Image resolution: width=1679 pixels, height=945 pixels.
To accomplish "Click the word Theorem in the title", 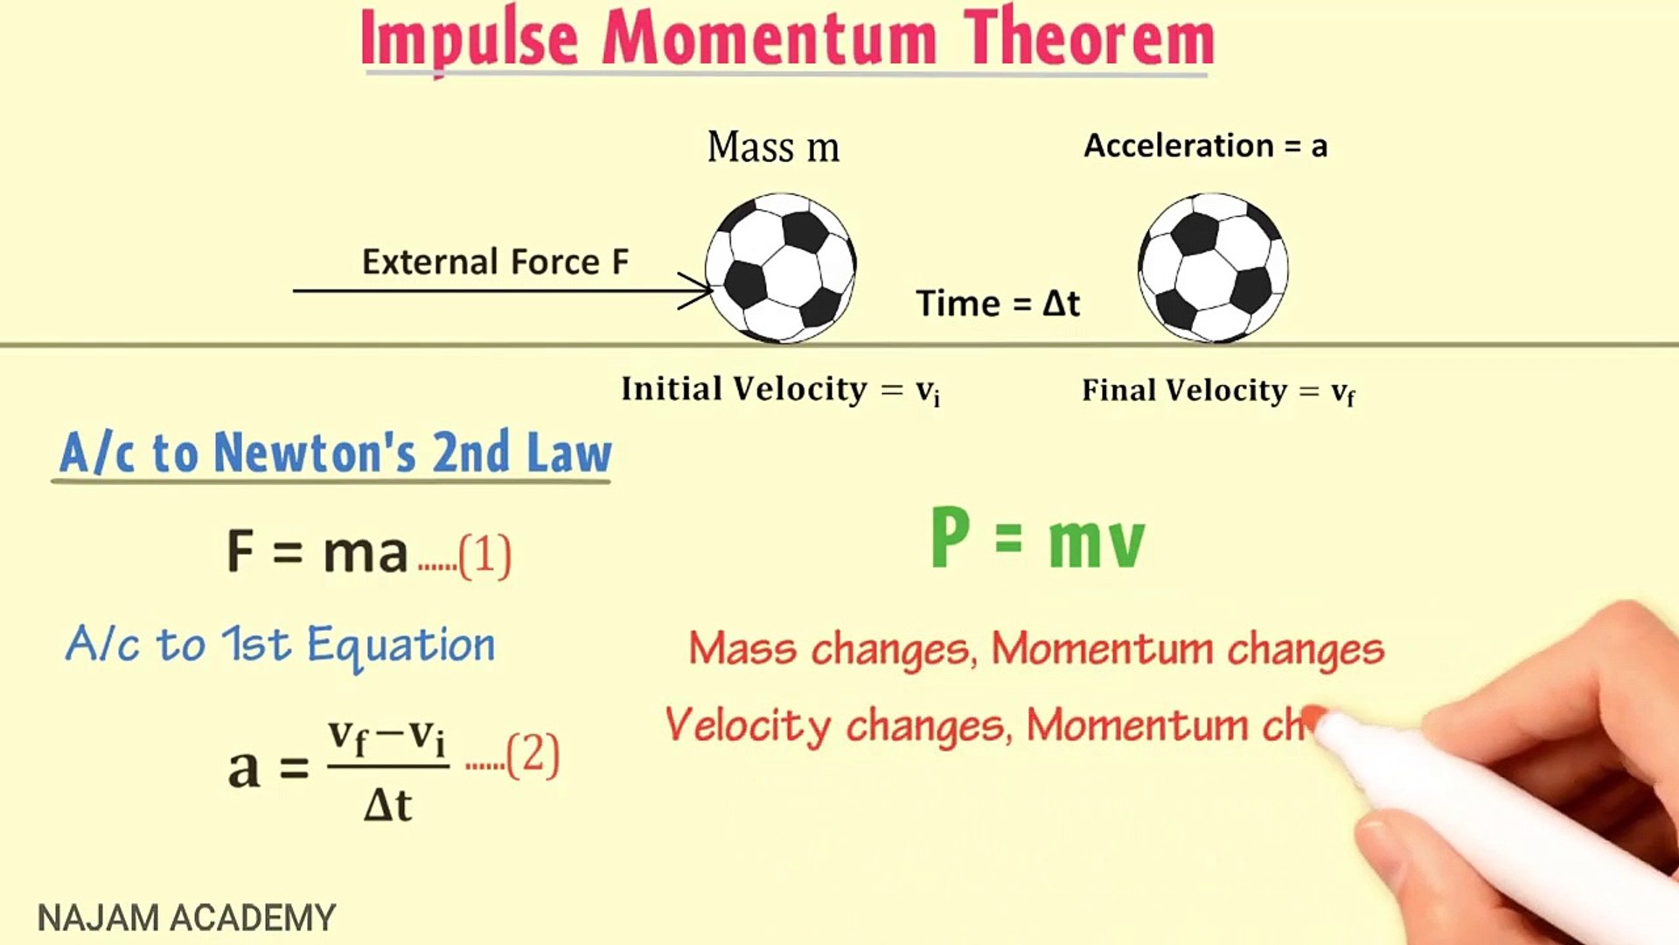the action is (x=1089, y=38).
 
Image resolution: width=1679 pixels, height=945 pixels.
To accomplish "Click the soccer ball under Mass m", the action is (x=780, y=268).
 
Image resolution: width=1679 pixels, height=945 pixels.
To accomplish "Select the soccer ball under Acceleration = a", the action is (x=1213, y=268).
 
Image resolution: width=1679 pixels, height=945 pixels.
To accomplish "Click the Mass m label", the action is (x=773, y=147).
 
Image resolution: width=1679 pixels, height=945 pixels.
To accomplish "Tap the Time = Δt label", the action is (x=998, y=304).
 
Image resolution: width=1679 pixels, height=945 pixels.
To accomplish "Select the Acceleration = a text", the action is (x=1206, y=145).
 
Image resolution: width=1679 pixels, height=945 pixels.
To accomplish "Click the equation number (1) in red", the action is (x=484, y=555).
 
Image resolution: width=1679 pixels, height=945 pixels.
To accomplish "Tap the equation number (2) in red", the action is (x=533, y=754).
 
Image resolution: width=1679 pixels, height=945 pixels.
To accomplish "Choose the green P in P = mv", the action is (x=951, y=537).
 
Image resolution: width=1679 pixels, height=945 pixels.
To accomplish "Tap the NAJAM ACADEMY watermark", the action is (x=186, y=918).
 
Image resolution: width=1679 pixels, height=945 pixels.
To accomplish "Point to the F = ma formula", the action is (x=317, y=552).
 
